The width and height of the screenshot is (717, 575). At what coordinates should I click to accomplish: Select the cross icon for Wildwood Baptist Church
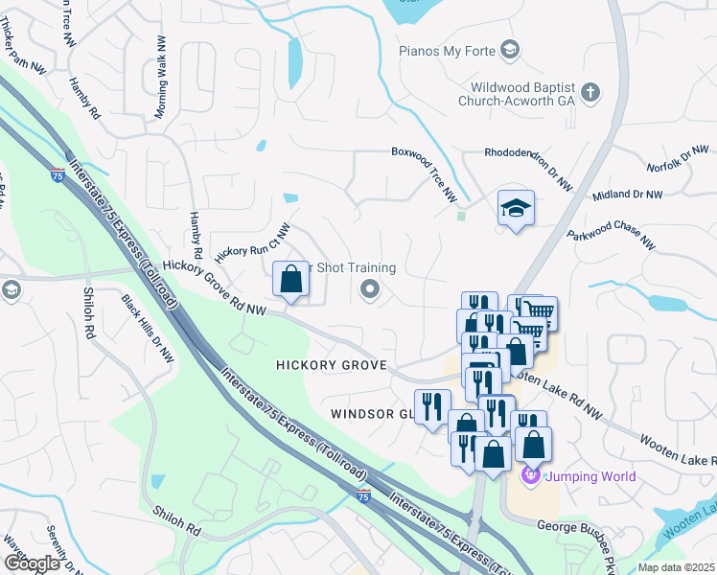tap(590, 93)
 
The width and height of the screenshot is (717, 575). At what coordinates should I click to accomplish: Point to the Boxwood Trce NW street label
tap(426, 172)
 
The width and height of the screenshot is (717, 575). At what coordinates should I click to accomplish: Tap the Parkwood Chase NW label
tap(611, 240)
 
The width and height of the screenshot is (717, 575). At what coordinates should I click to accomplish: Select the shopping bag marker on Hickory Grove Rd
tap(291, 280)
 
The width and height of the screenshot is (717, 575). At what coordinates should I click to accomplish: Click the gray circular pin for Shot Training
tap(369, 288)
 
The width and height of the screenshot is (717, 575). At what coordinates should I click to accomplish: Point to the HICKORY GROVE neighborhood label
tap(331, 365)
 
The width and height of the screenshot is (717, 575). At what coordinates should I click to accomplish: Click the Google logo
tap(32, 563)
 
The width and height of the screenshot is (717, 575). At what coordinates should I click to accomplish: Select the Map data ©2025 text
tap(675, 567)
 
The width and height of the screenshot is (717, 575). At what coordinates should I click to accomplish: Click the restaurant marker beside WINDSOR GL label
tap(431, 406)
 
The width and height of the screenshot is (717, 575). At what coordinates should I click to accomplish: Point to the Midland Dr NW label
tap(627, 195)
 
